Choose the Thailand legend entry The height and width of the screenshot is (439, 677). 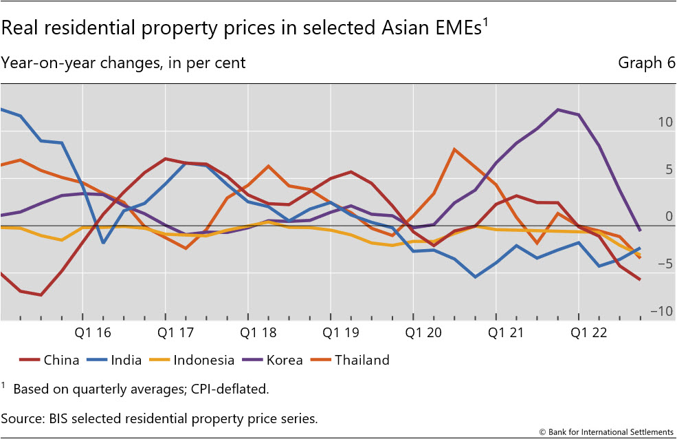point(362,360)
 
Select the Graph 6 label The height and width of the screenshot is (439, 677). point(647,63)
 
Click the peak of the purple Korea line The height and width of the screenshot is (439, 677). point(557,109)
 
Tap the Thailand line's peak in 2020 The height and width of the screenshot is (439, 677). point(454,149)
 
